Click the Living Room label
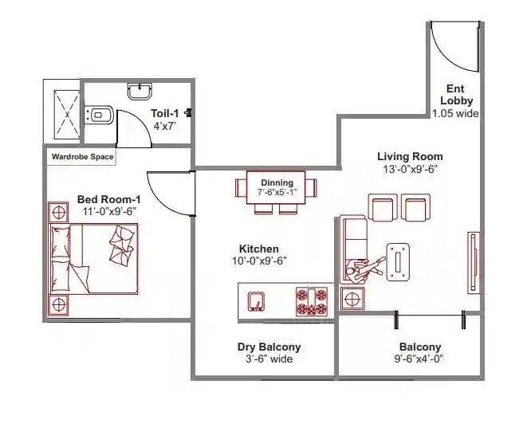[410, 156]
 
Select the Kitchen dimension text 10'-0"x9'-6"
[259, 261]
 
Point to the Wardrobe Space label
[82, 157]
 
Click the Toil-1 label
[166, 113]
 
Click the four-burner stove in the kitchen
[312, 302]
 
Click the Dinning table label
[276, 183]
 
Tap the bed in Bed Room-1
[94, 258]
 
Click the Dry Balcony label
[269, 347]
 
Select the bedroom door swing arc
[167, 194]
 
